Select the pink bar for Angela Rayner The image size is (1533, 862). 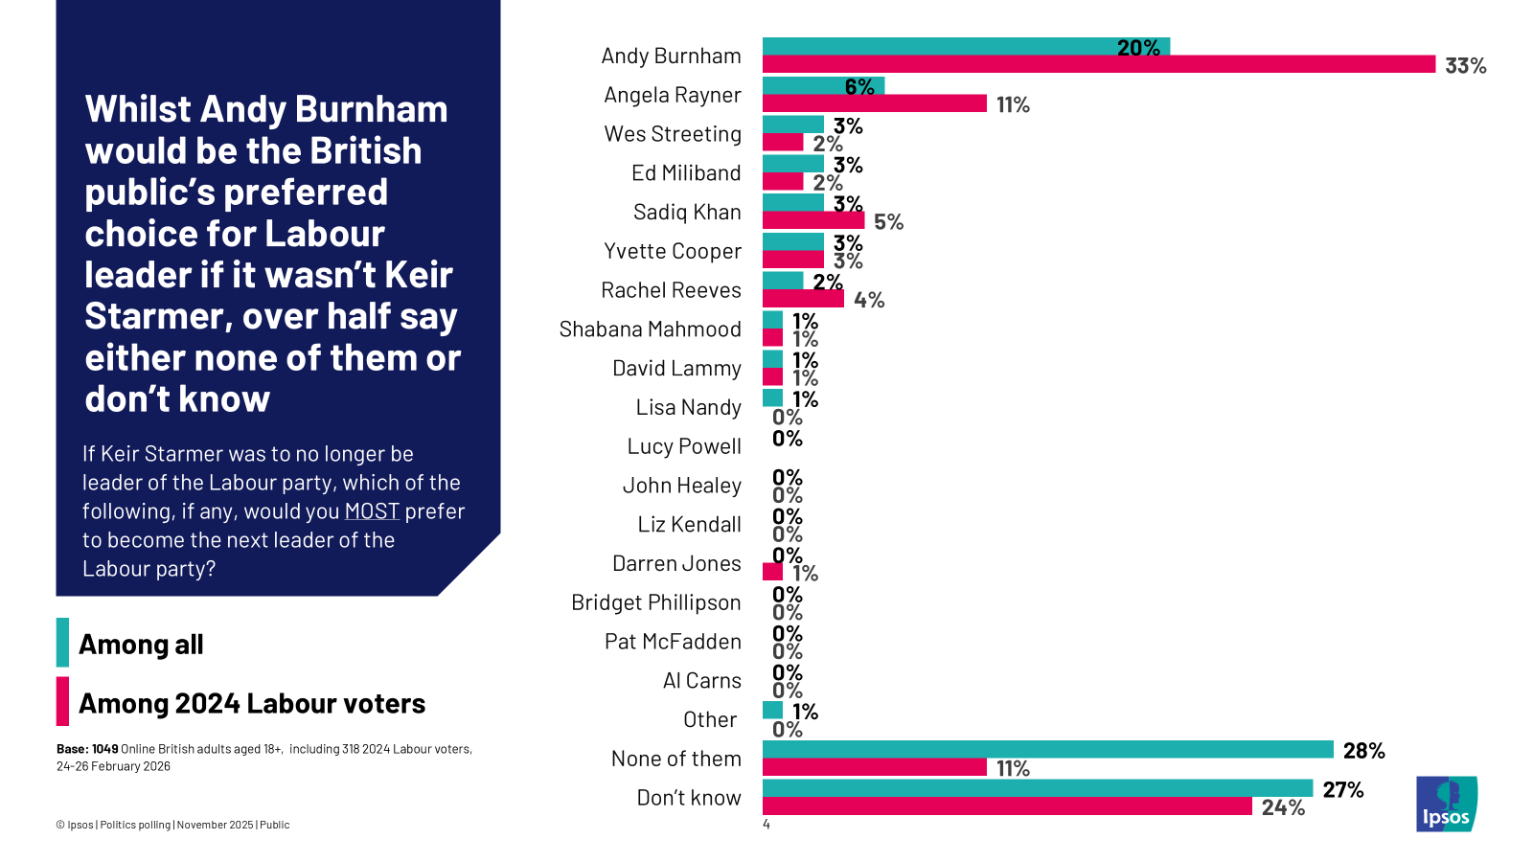874,103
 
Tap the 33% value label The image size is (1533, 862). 1465,66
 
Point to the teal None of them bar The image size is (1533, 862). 1047,750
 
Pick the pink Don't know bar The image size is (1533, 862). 1006,806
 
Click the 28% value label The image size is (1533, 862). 1363,751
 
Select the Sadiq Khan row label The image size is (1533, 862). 687,213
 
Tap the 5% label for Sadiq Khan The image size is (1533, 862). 888,222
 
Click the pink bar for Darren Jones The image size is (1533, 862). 772,573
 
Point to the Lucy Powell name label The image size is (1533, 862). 684,446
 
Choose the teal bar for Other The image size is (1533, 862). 772,711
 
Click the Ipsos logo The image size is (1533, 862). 1447,804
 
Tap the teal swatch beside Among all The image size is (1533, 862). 62,643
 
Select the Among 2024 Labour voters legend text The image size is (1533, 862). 252,704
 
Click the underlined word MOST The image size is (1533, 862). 372,511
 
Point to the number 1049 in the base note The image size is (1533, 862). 105,749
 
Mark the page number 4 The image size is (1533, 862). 766,825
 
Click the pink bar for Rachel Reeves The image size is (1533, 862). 803,299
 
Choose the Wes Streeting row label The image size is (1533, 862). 673,134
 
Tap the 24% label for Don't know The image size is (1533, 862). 1283,807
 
